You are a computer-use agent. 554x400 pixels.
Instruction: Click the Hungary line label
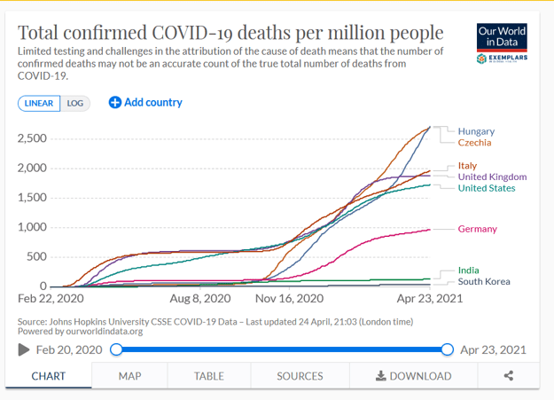pos(476,131)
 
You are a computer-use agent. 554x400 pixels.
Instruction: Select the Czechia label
pos(474,143)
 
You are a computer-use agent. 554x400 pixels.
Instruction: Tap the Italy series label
pos(467,166)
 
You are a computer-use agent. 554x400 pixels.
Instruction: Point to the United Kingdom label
pos(492,176)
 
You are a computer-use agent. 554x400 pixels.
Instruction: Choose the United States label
pos(487,188)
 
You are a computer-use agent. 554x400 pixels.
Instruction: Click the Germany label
pos(477,229)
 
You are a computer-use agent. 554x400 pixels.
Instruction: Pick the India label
pos(468,271)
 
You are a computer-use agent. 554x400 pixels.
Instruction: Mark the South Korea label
pos(484,282)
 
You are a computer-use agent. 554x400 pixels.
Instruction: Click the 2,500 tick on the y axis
pos(32,138)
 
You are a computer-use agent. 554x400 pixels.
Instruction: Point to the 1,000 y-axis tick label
pos(32,227)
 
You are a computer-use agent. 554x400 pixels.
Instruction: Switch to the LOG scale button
pos(75,103)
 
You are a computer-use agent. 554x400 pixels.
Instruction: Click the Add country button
pos(145,102)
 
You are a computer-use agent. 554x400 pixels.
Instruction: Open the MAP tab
pos(130,376)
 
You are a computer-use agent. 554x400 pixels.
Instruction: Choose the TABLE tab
pos(209,376)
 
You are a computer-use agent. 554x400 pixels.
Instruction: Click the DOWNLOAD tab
pos(413,376)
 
